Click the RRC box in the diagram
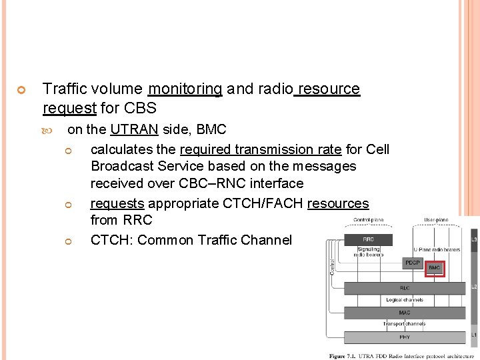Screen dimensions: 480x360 click(367, 239)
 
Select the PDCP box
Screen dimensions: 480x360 click(413, 263)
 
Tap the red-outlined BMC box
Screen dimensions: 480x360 click(435, 267)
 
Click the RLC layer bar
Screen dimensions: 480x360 click(405, 288)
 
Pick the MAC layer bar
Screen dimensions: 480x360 click(405, 312)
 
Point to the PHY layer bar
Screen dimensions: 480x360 click(405, 337)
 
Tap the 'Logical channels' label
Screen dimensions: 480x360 click(405, 300)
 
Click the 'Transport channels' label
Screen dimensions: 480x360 click(404, 324)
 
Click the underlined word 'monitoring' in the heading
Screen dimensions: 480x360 click(185, 89)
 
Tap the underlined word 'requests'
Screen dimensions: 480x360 click(117, 203)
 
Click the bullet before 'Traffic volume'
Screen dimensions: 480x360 click(21, 90)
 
